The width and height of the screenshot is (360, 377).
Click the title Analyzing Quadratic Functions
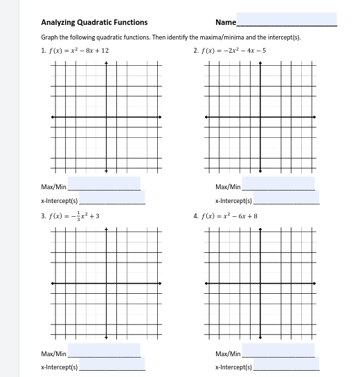[94, 22]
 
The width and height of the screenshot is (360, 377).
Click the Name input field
[287, 19]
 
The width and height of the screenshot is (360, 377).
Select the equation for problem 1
[78, 51]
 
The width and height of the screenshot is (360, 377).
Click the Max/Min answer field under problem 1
[104, 184]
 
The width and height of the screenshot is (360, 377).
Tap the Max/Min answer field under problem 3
[104, 351]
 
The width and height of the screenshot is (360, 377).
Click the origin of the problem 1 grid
[106, 117]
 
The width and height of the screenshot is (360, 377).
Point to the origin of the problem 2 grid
[260, 117]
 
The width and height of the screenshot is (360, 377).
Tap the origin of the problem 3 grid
[106, 283]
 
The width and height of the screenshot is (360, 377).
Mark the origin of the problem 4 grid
[260, 283]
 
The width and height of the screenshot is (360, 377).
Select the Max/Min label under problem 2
[228, 186]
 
